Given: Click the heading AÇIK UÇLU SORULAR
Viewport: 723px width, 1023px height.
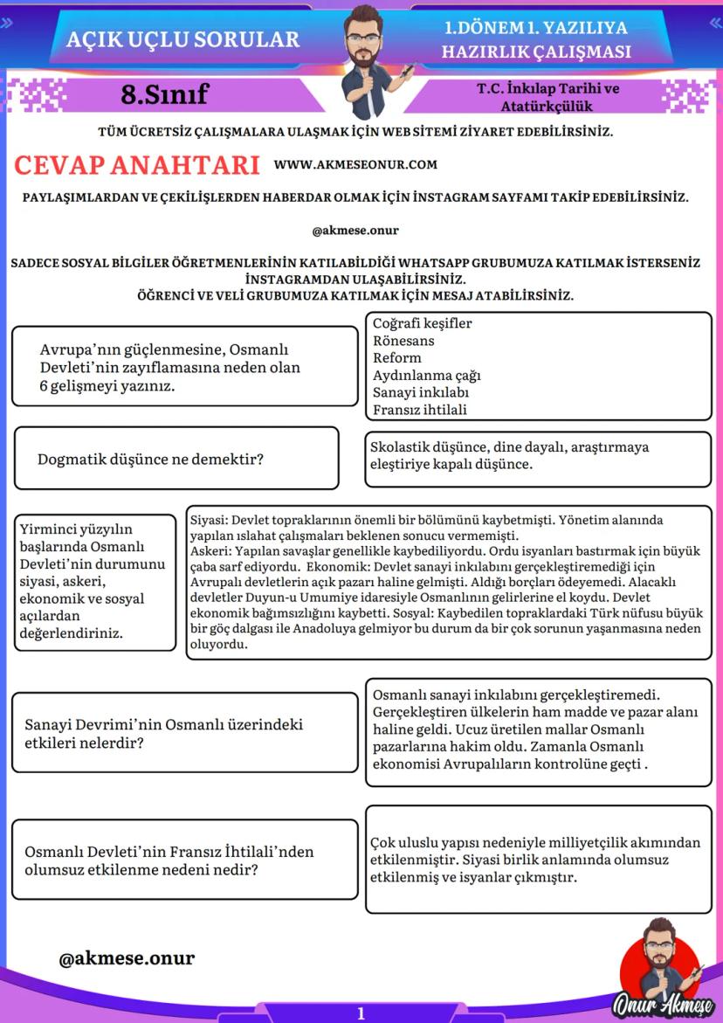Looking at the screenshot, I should (182, 39).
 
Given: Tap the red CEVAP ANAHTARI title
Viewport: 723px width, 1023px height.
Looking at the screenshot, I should (138, 165).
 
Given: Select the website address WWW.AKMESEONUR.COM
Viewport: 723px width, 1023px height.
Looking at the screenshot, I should (355, 164).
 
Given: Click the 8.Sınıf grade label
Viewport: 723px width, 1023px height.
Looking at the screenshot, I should (165, 94).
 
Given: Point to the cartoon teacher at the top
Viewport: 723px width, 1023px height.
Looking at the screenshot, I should (367, 57).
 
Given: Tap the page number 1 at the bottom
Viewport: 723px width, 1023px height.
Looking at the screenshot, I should (361, 1013).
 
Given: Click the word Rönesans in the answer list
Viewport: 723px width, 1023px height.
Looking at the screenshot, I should (403, 341).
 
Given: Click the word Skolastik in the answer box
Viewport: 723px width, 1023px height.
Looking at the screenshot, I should (399, 447).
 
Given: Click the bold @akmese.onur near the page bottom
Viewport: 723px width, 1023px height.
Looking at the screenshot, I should (127, 958).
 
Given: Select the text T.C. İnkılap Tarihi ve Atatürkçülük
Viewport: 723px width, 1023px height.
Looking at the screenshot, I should (547, 98).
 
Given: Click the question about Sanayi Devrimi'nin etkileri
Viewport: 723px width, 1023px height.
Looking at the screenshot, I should (164, 734).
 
